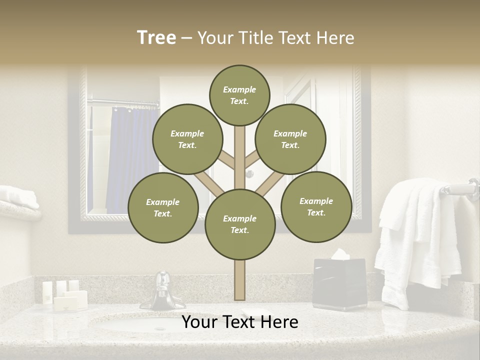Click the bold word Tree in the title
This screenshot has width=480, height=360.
[x=156, y=38]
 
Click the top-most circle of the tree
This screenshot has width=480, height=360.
[x=239, y=95]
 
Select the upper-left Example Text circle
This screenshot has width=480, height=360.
[x=187, y=139]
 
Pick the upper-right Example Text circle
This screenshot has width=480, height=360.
[x=290, y=139]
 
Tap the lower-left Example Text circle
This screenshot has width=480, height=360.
[x=162, y=208]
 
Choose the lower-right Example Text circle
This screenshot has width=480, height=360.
[x=316, y=206]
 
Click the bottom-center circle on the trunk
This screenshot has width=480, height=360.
[x=239, y=224]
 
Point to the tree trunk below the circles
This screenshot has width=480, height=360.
[x=239, y=280]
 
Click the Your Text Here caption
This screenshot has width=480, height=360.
[x=239, y=322]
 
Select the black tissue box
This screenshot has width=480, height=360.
[x=339, y=284]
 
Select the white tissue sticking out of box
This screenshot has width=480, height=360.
[x=340, y=254]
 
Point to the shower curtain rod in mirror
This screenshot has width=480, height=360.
[x=122, y=103]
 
